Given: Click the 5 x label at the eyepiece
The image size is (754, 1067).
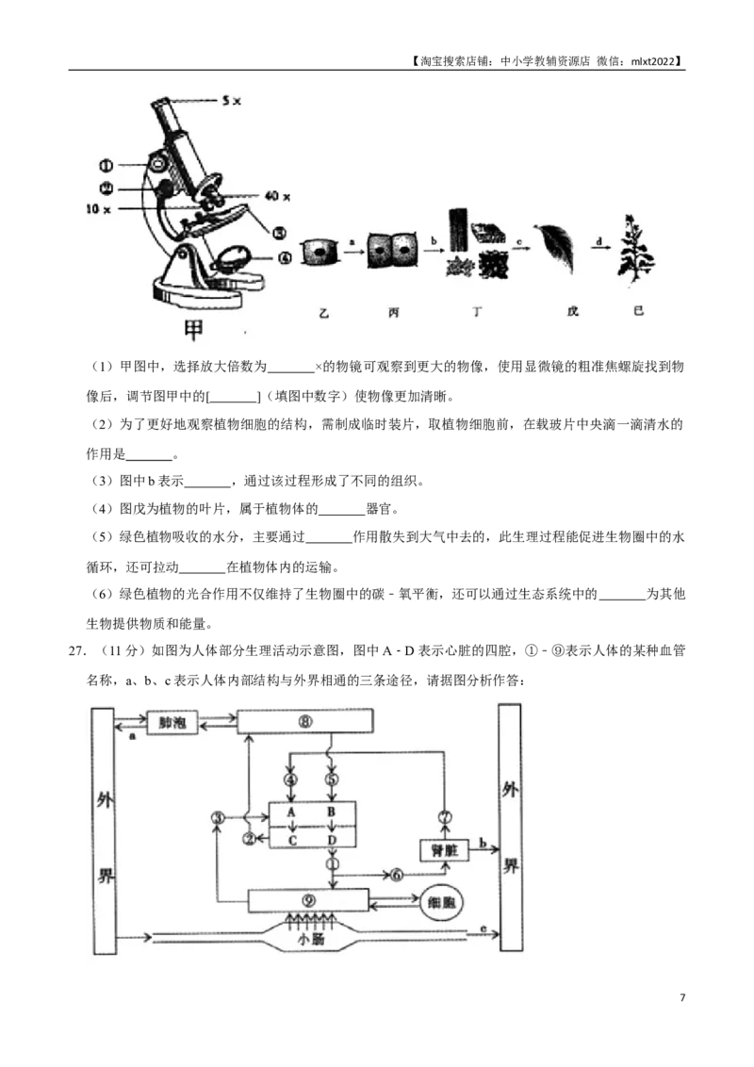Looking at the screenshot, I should coord(231,101).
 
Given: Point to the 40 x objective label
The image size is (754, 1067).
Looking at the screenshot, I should coord(278,196).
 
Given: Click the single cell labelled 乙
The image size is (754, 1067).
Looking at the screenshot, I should coord(320,253).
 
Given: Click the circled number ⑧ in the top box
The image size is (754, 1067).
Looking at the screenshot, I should coord(304,721).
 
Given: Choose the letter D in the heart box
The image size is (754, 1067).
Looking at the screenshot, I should coord(332,839).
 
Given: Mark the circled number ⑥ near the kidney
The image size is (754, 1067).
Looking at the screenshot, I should coord(397,875).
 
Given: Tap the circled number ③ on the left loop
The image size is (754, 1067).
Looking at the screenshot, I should coord(218,818).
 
